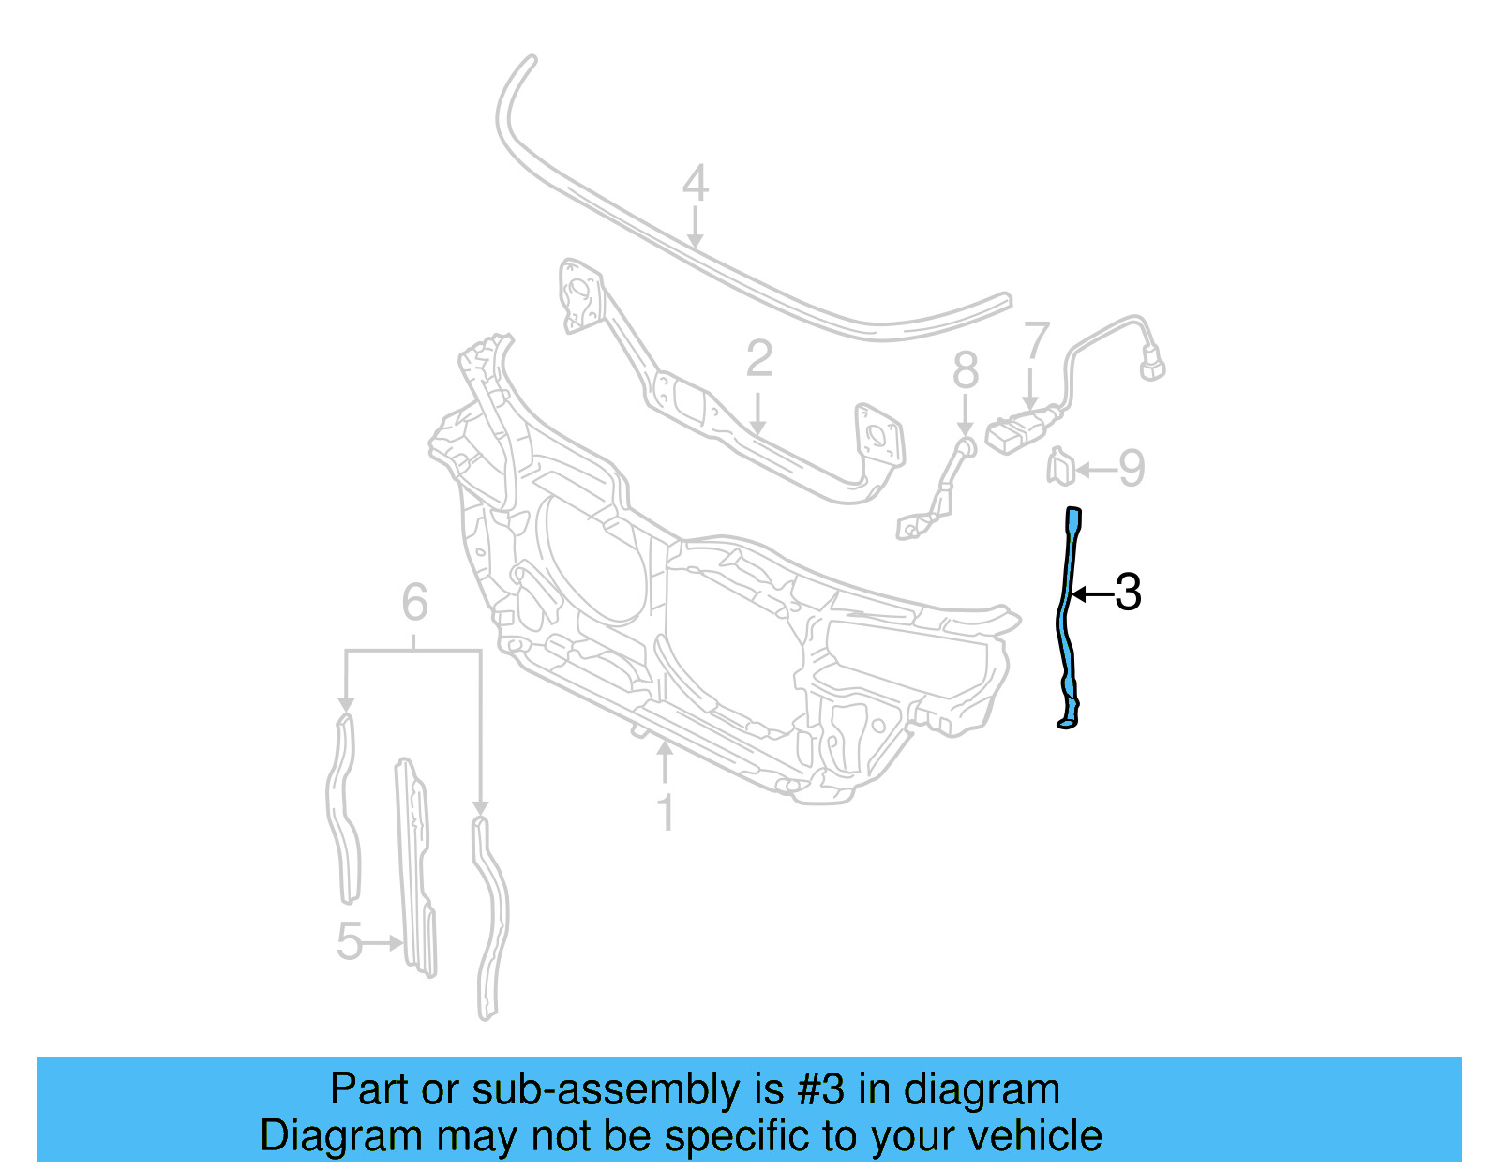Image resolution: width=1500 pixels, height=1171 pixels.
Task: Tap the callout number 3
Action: (x=1128, y=593)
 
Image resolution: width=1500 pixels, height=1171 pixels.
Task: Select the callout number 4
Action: (x=695, y=183)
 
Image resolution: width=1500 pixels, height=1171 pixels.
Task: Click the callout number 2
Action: (x=759, y=359)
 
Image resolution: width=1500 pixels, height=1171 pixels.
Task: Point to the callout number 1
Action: (x=666, y=813)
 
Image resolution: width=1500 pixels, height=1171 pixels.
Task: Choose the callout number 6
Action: (x=414, y=602)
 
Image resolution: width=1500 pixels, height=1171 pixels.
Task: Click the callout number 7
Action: (x=1036, y=341)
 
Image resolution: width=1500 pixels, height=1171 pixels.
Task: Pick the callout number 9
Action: (x=1132, y=468)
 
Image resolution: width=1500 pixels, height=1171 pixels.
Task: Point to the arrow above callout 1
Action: (x=665, y=762)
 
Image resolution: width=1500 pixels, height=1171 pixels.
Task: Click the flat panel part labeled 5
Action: (x=416, y=867)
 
